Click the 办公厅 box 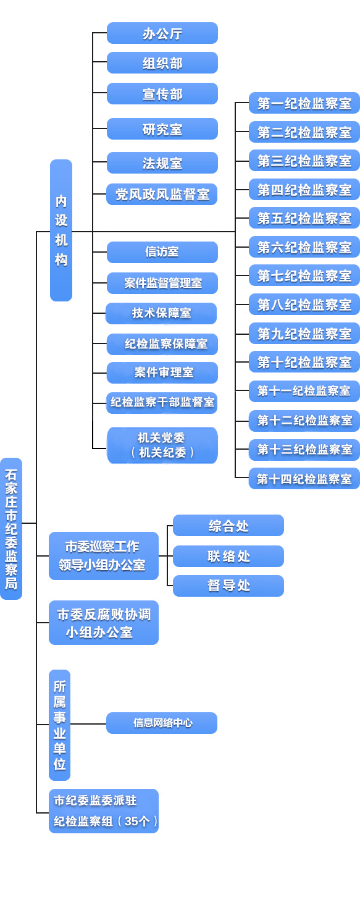(x=162, y=33)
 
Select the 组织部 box (x=162, y=63)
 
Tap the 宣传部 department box (x=162, y=94)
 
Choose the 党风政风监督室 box (x=162, y=195)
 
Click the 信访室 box (x=162, y=252)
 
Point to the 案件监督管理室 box (x=162, y=284)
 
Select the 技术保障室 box (x=161, y=313)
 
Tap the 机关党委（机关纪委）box (x=162, y=445)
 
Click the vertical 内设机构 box (x=61, y=230)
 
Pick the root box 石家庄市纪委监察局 (x=11, y=529)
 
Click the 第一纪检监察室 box (x=304, y=103)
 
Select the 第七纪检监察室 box (x=304, y=276)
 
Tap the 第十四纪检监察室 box (x=304, y=479)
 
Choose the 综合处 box (x=228, y=526)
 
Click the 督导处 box (x=228, y=586)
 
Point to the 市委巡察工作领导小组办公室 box (x=103, y=556)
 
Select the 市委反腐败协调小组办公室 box (x=103, y=623)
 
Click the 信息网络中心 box (x=162, y=723)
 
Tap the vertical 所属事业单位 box (x=59, y=725)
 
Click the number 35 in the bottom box (x=133, y=822)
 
